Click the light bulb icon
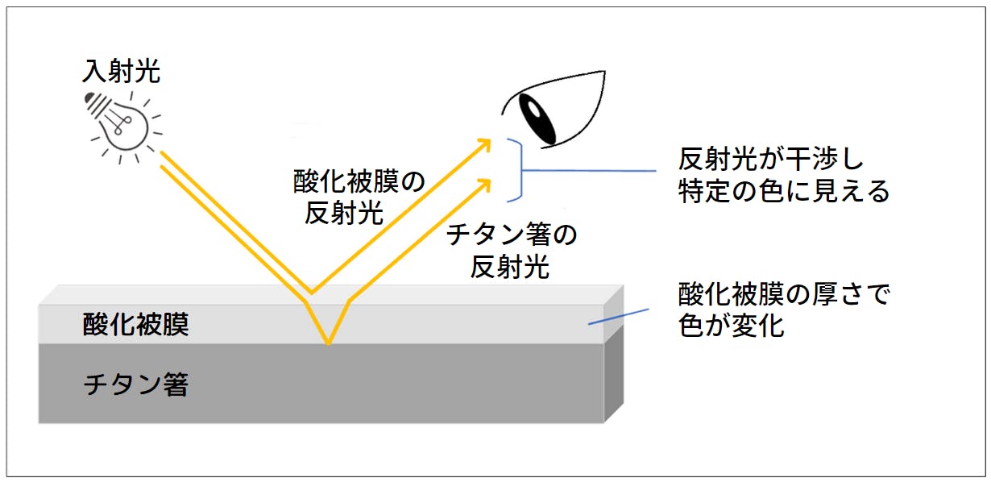[122, 127]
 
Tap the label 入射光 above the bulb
[121, 71]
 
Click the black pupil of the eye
[537, 118]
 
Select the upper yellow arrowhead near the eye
[483, 146]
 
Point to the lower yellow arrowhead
[484, 186]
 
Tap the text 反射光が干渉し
[770, 159]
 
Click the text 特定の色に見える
[783, 191]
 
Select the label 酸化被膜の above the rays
[359, 181]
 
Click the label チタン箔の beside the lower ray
[512, 234]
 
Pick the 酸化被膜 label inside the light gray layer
[136, 325]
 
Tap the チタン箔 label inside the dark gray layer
[136, 384]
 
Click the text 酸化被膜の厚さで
[783, 294]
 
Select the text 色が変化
[731, 326]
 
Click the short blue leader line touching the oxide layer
[619, 317]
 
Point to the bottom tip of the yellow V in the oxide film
[328, 344]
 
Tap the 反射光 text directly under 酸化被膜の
[344, 214]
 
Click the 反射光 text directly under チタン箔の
[510, 267]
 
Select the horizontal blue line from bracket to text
[589, 170]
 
